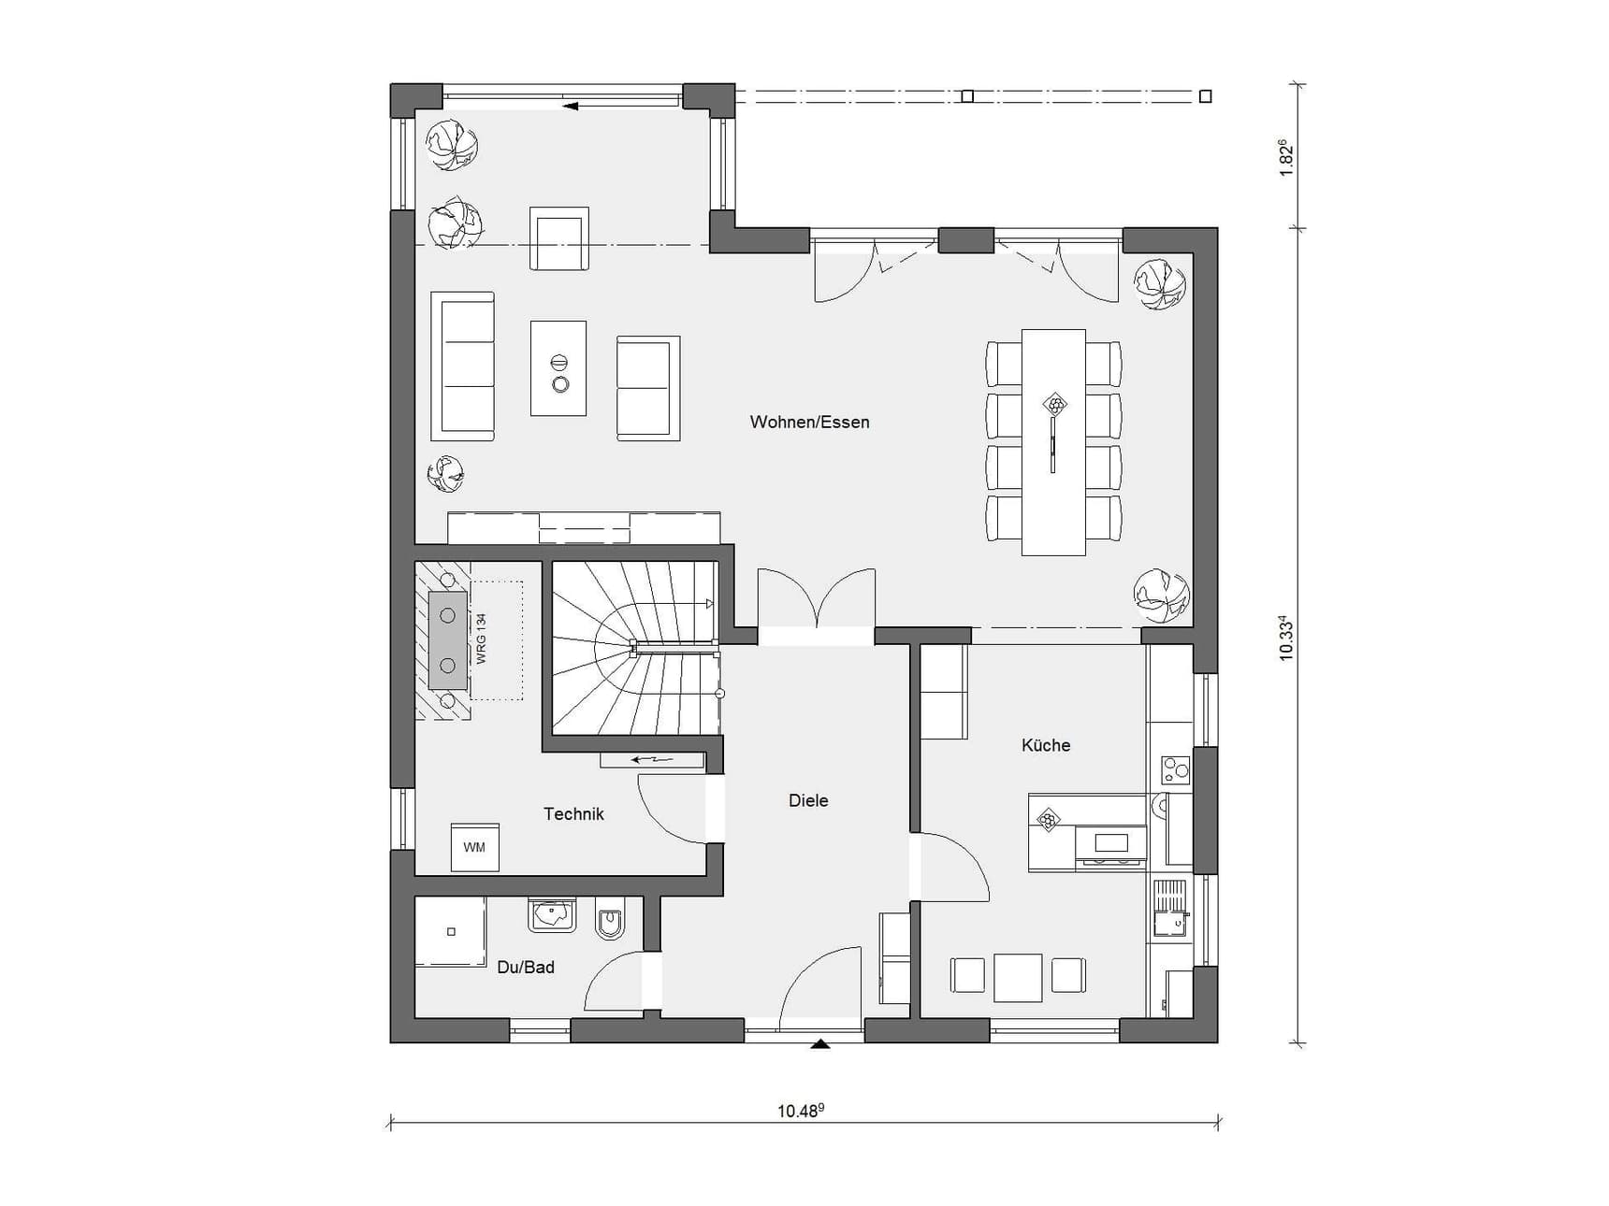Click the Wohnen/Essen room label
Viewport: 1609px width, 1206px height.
[x=809, y=423]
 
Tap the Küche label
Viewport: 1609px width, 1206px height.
[x=1046, y=745]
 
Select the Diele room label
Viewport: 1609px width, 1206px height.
[x=808, y=800]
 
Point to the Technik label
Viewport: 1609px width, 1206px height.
[x=573, y=814]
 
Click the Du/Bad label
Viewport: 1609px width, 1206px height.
[x=526, y=968]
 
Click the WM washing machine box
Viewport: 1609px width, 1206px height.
[x=474, y=847]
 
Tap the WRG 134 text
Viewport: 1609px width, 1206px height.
[x=482, y=639]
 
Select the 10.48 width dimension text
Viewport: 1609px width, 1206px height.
[x=801, y=1111]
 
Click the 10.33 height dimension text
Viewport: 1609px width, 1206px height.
[x=1286, y=639]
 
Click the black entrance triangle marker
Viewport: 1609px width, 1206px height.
[x=820, y=1043]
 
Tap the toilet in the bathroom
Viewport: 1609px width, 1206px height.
[x=611, y=917]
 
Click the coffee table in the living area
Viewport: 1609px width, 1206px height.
[x=558, y=368]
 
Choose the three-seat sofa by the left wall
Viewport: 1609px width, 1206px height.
[x=462, y=366]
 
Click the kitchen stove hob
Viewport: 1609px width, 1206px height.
[x=1175, y=769]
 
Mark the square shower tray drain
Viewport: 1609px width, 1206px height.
[x=451, y=932]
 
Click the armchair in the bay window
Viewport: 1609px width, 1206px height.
[x=559, y=238]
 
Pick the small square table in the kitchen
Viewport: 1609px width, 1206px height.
[x=1018, y=978]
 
